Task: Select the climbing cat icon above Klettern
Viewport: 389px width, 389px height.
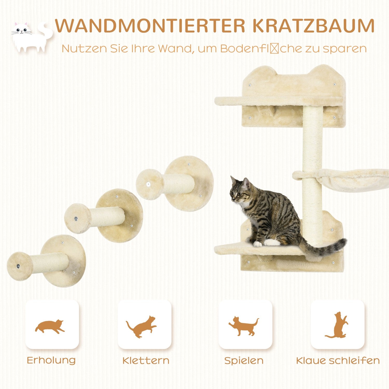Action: coord(142,326)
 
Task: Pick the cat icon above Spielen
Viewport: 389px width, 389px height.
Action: coord(244,326)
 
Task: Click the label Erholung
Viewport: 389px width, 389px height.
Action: coord(51,360)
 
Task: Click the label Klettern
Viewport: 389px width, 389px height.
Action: coord(146,360)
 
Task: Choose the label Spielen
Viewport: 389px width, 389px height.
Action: coord(244,360)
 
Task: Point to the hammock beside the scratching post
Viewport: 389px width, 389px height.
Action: coord(355,179)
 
